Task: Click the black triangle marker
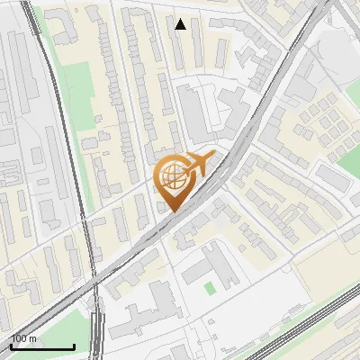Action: [181, 24]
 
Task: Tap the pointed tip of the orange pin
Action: [172, 212]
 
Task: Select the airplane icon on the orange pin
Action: [198, 165]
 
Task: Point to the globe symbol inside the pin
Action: [171, 175]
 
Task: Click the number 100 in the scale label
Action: [21, 338]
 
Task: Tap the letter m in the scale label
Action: [33, 338]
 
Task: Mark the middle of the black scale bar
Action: [42, 346]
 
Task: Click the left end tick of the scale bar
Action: [11, 345]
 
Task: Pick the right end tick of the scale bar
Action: [74, 345]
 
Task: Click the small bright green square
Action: [210, 288]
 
